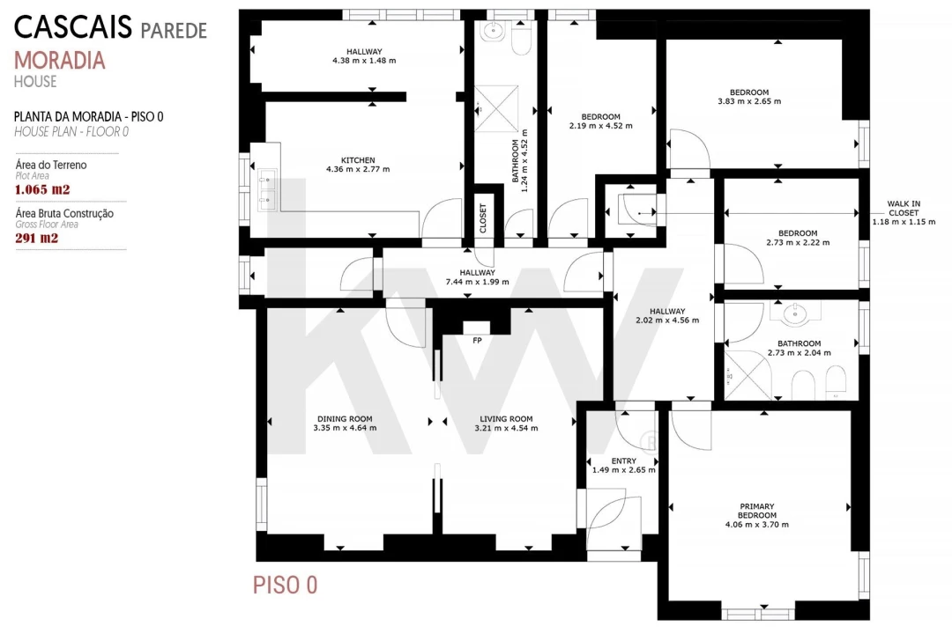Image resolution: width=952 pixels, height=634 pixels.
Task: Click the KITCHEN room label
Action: (358, 160)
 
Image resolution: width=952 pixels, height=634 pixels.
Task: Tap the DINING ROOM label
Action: (345, 418)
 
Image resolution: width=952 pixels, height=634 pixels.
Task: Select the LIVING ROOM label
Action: (506, 418)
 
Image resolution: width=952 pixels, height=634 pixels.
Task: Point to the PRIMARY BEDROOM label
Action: (757, 511)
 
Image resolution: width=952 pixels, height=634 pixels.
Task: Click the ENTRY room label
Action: (624, 461)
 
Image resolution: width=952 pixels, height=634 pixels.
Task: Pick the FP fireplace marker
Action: (477, 341)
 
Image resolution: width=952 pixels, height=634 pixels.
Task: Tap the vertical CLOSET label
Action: (483, 218)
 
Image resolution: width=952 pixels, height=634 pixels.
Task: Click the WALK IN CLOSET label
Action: (904, 208)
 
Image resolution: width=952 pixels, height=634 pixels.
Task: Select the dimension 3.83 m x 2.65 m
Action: (749, 101)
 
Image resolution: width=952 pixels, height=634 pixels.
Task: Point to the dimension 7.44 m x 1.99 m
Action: (477, 282)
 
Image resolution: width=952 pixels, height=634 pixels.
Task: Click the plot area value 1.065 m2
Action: (42, 189)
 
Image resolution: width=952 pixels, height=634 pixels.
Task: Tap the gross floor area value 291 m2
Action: (37, 238)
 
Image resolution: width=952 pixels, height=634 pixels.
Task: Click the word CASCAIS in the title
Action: (73, 27)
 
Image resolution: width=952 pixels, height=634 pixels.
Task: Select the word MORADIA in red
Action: (60, 60)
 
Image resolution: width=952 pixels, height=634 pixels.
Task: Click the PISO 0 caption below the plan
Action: (286, 585)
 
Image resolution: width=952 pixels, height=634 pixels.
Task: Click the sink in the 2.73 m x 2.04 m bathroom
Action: (794, 313)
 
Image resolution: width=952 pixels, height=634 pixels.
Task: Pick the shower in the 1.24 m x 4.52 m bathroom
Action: (496, 109)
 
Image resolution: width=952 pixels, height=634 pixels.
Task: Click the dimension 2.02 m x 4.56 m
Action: (667, 320)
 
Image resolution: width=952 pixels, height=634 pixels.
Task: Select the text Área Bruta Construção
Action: (64, 213)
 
